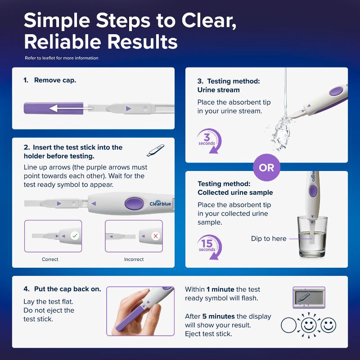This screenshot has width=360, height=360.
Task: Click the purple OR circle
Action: pyautogui.click(x=266, y=167)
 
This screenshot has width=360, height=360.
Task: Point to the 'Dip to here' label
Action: pyautogui.click(x=269, y=238)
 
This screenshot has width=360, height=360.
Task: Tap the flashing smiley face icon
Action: pyautogui.click(x=309, y=324)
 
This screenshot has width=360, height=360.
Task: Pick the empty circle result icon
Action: pyautogui.click(x=288, y=325)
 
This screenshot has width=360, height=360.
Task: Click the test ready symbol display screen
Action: pyautogui.click(x=309, y=297)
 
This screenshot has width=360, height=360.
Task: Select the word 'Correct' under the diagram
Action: pyautogui.click(x=50, y=259)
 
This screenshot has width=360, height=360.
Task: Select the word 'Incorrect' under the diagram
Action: pyautogui.click(x=134, y=259)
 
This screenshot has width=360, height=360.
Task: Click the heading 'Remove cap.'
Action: pyautogui.click(x=55, y=80)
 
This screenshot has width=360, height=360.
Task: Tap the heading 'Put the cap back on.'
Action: pyautogui.click(x=67, y=288)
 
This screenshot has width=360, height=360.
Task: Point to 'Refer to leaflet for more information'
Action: pyautogui.click(x=62, y=58)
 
